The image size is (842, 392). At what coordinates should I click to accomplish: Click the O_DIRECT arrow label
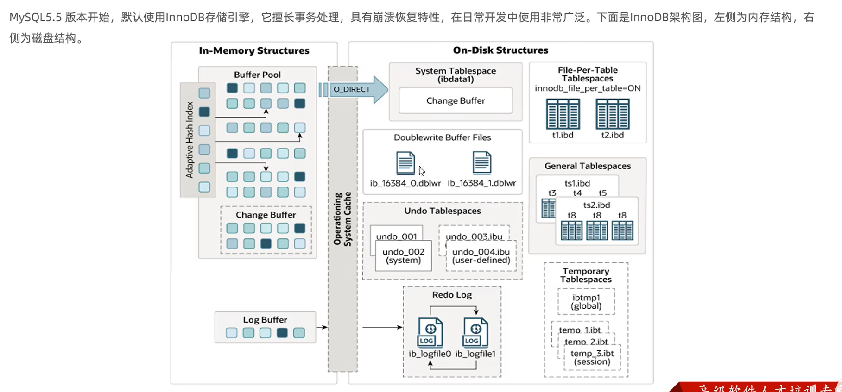(x=352, y=89)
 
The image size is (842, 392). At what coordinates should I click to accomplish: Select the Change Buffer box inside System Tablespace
(x=456, y=100)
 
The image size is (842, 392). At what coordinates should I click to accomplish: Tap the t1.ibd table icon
(x=563, y=114)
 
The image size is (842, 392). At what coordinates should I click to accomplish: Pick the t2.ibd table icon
(x=612, y=114)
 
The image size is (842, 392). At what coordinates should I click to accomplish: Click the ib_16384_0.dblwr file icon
(x=405, y=163)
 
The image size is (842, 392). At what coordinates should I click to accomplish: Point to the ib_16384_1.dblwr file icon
(x=481, y=163)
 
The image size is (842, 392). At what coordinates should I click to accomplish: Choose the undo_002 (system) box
(x=403, y=256)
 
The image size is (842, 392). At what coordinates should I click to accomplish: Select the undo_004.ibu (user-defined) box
(x=481, y=256)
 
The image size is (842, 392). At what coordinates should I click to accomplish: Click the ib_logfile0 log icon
(x=430, y=333)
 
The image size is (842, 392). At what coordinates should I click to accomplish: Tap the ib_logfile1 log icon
(x=475, y=333)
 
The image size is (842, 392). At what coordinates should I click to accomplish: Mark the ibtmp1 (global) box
(x=586, y=302)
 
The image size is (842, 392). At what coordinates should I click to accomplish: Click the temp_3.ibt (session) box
(x=592, y=358)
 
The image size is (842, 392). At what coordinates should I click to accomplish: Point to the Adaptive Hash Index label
(x=190, y=140)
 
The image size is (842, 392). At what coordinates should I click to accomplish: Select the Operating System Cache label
(x=342, y=219)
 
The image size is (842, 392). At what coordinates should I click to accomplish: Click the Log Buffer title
(x=265, y=320)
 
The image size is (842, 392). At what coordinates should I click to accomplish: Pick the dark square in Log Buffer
(x=282, y=333)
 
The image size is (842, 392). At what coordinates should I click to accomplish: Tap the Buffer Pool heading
(x=257, y=75)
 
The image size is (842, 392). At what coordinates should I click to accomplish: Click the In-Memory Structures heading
(x=254, y=51)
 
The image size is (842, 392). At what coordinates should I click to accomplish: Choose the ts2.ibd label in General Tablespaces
(x=596, y=205)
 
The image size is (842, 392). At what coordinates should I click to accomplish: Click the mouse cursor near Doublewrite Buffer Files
(x=422, y=171)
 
